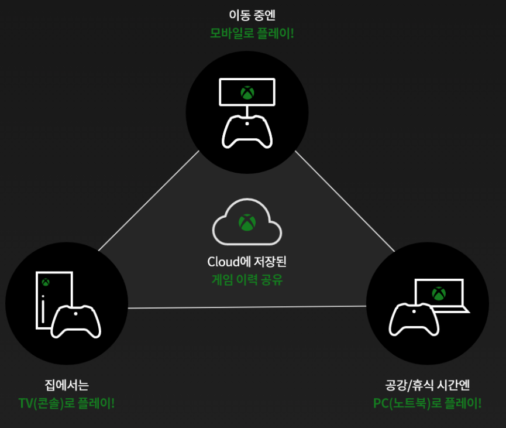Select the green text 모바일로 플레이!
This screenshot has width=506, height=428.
pos(252,33)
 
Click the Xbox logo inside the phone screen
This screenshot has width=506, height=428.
pos(247,92)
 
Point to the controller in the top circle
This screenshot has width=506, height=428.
pos(247,131)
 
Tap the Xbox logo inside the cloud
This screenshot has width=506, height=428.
pos(247,222)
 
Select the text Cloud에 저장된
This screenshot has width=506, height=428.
pos(246,261)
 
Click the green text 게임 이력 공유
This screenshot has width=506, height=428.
pos(247,279)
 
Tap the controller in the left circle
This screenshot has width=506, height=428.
pos(76,321)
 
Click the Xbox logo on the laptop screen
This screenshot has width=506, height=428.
pos(438,293)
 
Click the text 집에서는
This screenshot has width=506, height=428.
pos(67,385)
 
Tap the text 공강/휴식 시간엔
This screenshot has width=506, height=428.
pos(428,385)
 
